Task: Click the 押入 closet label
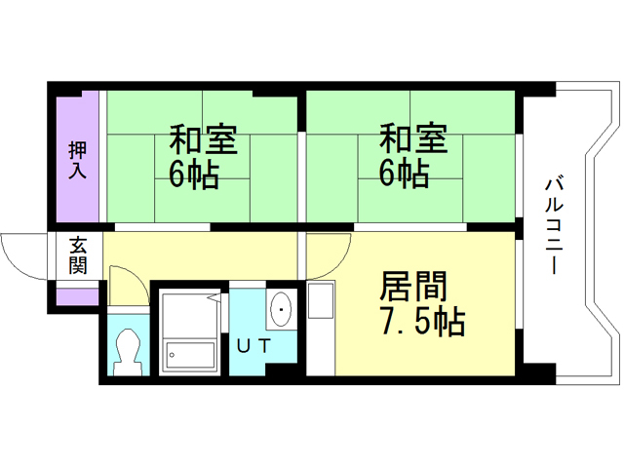(77, 161)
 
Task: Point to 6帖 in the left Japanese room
(193, 175)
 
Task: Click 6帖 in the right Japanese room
(404, 175)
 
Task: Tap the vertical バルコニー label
(552, 222)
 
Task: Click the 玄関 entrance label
(77, 256)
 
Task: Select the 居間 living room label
(412, 287)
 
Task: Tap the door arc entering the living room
(324, 255)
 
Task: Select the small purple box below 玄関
(77, 295)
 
